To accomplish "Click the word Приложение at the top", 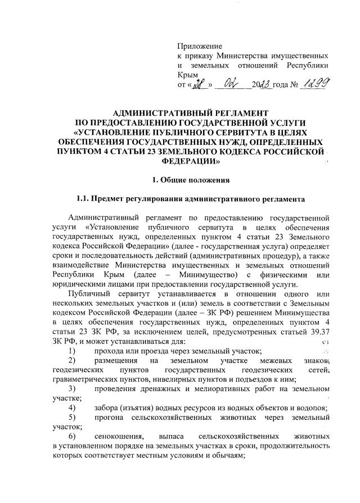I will tap(200, 46).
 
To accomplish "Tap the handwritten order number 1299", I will tap(315, 84).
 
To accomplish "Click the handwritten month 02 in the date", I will tap(232, 84).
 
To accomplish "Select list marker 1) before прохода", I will tap(71, 350).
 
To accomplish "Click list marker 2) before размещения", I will tap(71, 360).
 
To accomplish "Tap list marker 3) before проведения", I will tap(71, 388).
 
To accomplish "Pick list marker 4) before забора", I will tap(71, 407).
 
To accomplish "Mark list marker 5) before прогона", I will tap(71, 417).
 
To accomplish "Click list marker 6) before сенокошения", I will tap(71, 436).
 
